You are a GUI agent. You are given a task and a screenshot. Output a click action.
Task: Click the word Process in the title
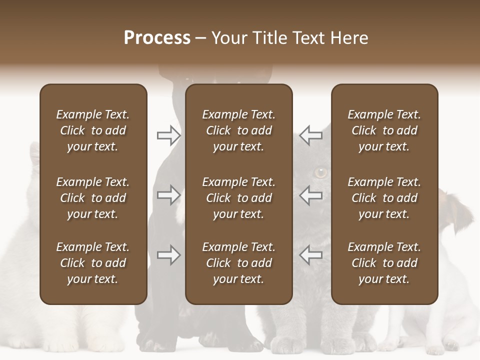pos(157,38)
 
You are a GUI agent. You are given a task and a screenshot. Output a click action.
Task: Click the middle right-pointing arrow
pos(168,195)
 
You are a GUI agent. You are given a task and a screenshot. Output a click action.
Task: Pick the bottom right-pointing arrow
pos(168,255)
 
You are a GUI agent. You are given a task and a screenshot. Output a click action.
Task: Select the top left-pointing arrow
pos(311,135)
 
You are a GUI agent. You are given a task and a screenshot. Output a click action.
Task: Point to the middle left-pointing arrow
pos(311,195)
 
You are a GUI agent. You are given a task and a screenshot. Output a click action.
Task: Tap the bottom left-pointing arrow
pos(311,255)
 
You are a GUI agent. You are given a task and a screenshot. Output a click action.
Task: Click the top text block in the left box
pos(93,130)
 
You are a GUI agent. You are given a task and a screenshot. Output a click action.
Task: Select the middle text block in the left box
pos(93,198)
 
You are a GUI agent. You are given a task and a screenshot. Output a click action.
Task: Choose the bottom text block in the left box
pos(93,263)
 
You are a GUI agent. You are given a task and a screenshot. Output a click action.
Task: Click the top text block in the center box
pos(239,130)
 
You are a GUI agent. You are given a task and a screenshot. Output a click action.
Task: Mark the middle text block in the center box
pos(239,198)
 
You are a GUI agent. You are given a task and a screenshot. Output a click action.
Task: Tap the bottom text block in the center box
pos(239,263)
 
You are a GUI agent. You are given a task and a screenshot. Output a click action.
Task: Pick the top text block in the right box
pos(384,130)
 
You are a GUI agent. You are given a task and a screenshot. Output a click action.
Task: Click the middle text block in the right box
pos(384,198)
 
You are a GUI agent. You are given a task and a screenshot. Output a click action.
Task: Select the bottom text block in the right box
pos(384,263)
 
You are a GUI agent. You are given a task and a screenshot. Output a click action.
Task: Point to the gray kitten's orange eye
pos(320,173)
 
